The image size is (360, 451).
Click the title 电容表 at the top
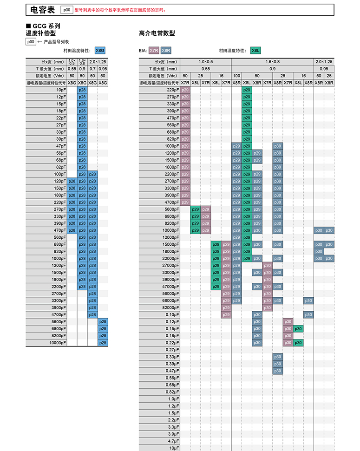point(42,9)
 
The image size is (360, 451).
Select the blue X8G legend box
point(100,50)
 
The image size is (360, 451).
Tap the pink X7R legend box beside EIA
point(154,50)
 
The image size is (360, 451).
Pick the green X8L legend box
point(255,50)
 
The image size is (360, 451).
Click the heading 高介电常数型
point(157,33)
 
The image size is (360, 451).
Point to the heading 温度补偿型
point(40,33)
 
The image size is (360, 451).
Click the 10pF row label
point(61,90)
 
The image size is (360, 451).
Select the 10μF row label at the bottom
point(174,448)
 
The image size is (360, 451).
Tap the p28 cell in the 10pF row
point(82,90)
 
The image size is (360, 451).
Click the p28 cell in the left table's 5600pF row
point(103,321)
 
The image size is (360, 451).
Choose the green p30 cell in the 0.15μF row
point(298,329)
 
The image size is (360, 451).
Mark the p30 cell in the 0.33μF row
point(277,357)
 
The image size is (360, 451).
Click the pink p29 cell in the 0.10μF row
point(226,314)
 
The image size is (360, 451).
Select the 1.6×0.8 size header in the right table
point(272,61)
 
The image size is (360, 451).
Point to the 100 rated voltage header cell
point(236,76)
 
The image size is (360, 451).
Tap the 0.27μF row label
point(173,350)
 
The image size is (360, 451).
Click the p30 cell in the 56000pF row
point(267,294)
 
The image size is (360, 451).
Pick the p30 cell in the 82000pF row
point(267,307)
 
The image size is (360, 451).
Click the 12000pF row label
point(171,237)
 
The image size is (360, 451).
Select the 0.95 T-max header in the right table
point(324,68)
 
